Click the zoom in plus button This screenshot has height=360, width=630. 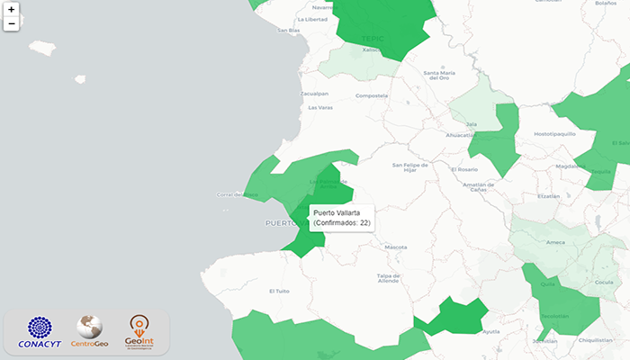point(11,9)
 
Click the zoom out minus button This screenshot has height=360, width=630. point(11,23)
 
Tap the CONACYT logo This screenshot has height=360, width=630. point(40,333)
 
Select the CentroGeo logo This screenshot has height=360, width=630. point(90,332)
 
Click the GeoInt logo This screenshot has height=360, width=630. point(140,332)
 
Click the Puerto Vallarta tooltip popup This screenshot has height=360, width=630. point(342,218)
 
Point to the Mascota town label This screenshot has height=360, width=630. point(395,247)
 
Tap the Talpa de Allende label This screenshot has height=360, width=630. point(388,278)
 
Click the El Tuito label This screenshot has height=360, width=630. point(280,291)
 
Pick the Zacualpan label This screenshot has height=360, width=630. point(314,93)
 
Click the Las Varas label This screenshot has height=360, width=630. point(319,108)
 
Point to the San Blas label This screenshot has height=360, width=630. point(288,31)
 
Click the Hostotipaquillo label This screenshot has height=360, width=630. point(554,133)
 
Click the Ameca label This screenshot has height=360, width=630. point(555,241)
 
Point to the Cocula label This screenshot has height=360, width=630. point(604,282)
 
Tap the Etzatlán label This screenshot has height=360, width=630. point(548,195)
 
